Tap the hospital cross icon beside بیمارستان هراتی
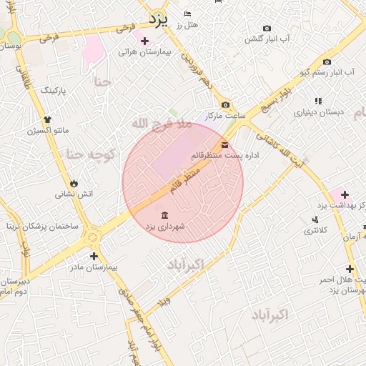click(x=145, y=41)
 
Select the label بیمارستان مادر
click(x=93, y=267)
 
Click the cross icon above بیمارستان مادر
click(x=93, y=255)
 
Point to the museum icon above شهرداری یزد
click(x=164, y=215)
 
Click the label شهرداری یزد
click(x=165, y=226)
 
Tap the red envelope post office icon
click(x=225, y=144)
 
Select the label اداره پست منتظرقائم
click(x=219, y=154)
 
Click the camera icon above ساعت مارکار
click(x=225, y=105)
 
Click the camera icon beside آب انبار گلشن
click(x=267, y=29)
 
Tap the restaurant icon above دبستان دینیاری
click(x=318, y=102)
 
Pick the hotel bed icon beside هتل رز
click(x=187, y=14)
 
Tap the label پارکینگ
click(x=54, y=91)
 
